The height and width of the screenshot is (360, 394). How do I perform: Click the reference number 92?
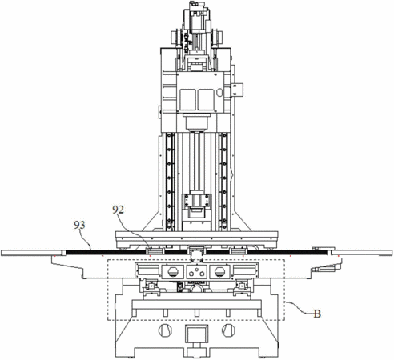[118, 210]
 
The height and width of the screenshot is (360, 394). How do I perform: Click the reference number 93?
[79, 225]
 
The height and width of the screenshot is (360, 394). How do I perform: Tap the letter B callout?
[317, 314]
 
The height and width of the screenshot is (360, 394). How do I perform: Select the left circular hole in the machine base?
[165, 330]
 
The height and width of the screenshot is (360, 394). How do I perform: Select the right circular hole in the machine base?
[228, 330]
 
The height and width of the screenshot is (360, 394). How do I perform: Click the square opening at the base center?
[197, 334]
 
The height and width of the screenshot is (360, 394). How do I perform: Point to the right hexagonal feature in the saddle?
[219, 272]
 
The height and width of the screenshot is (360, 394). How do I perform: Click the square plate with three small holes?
[196, 272]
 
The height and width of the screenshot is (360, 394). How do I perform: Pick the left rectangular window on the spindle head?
[187, 99]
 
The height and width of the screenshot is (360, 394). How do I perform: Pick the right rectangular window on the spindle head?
[206, 99]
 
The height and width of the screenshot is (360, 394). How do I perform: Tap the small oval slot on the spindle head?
[219, 93]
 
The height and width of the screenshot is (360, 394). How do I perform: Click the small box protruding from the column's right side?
[237, 90]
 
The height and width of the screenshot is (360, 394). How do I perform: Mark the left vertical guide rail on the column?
[169, 182]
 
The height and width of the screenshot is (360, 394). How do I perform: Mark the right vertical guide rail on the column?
[223, 182]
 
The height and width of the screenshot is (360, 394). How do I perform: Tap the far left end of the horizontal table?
[2, 253]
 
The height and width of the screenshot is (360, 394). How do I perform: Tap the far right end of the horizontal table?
[392, 253]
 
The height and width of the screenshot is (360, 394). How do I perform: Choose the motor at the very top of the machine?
[195, 16]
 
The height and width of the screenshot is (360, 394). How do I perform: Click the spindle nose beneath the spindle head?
[197, 122]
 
